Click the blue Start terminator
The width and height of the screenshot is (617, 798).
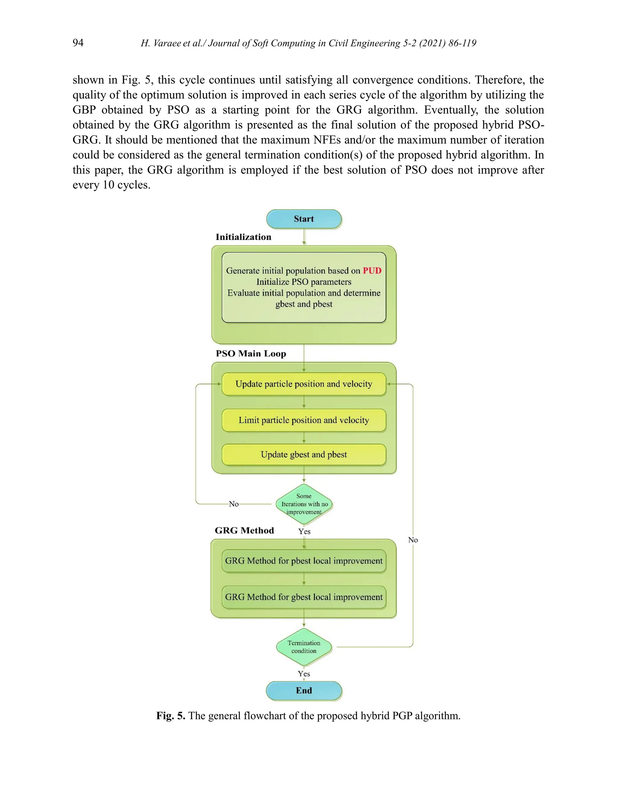point(304,219)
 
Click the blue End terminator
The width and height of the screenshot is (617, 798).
point(304,690)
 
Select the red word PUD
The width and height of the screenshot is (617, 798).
point(372,271)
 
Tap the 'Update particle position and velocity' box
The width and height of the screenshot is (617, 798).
point(304,384)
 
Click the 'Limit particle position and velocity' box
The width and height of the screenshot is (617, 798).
point(304,420)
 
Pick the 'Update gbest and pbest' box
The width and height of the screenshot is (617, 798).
point(304,454)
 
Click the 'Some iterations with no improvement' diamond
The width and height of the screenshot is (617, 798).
point(304,504)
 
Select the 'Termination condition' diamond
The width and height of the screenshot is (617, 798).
point(304,647)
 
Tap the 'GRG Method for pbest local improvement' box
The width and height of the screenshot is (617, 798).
point(304,561)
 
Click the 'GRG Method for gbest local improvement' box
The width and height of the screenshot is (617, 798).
point(304,597)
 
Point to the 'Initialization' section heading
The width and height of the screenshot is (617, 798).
point(243,237)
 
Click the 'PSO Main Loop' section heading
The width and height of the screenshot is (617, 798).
point(251,354)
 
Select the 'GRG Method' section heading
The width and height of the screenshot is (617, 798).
point(244,531)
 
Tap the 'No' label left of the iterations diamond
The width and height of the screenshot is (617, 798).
point(233,504)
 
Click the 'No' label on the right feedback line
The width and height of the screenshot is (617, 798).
point(413,540)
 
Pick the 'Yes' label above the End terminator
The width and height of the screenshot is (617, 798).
point(304,674)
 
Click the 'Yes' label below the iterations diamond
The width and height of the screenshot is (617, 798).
point(304,531)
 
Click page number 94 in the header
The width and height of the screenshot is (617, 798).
point(78,43)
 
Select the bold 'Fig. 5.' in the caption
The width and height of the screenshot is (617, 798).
point(171,716)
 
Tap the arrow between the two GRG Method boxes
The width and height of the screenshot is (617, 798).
point(304,579)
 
